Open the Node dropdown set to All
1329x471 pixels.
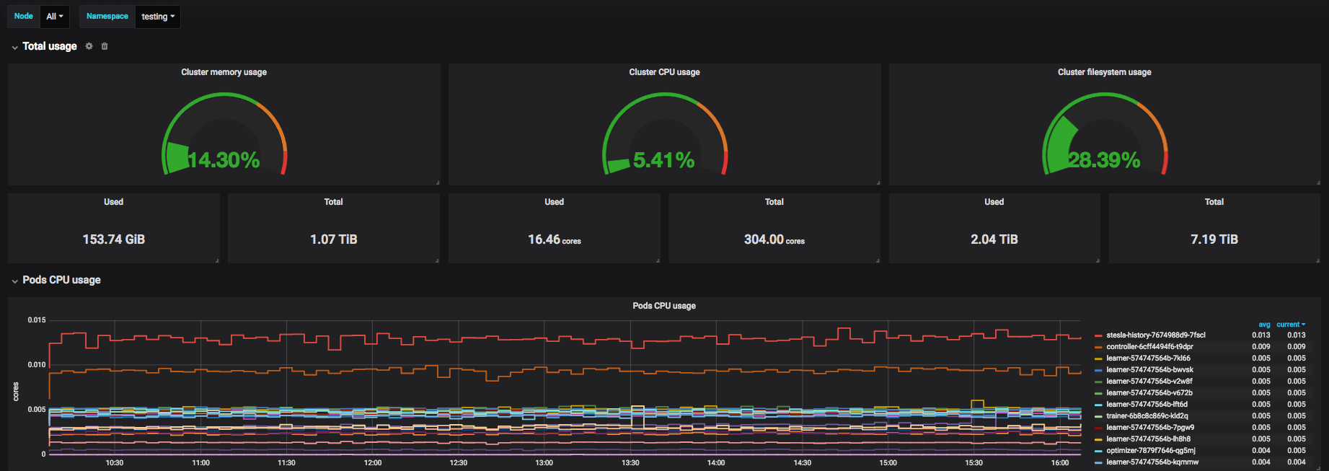point(54,16)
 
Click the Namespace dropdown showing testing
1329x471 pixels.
point(158,16)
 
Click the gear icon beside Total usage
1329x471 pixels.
point(89,46)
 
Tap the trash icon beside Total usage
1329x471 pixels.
point(105,46)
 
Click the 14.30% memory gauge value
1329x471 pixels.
point(224,159)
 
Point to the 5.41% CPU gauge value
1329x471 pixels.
point(663,159)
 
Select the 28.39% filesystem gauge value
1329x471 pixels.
point(1104,159)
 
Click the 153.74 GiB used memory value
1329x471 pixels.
point(114,239)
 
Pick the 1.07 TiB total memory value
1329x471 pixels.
point(333,239)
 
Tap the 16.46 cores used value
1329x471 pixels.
point(554,239)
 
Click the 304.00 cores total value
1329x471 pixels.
point(774,239)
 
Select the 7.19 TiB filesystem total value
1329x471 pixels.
point(1214,239)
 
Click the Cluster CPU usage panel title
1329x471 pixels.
point(664,72)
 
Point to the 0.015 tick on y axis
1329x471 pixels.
point(37,320)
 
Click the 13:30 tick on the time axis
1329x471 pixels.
point(630,462)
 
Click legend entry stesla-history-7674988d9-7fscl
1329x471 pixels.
point(1155,335)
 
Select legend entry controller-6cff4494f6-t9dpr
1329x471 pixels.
point(1149,346)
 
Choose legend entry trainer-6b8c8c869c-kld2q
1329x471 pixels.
point(1147,415)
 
